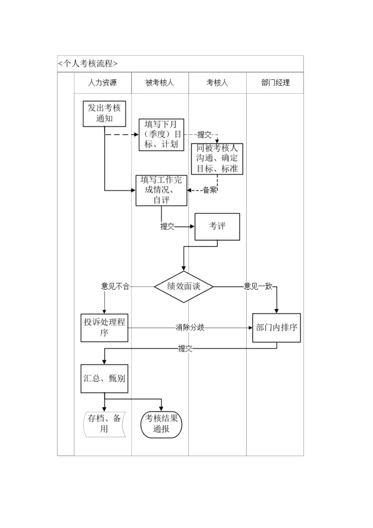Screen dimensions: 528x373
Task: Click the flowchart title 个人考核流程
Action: pyautogui.click(x=88, y=64)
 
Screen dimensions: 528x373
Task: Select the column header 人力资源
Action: pyautogui.click(x=102, y=83)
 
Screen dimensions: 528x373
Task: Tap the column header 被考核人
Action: pyautogui.click(x=159, y=83)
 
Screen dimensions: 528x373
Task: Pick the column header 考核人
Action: pyautogui.click(x=217, y=83)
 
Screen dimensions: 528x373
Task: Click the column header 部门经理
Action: pyautogui.click(x=275, y=83)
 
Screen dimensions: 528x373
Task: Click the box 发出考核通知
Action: pyautogui.click(x=104, y=114)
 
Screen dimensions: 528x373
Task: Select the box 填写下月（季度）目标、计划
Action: pyautogui.click(x=161, y=135)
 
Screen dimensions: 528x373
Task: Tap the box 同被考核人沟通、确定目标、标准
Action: pyautogui.click(x=217, y=159)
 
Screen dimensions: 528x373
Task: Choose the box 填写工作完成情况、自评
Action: pyautogui.click(x=161, y=190)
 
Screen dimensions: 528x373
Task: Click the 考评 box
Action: pyautogui.click(x=217, y=227)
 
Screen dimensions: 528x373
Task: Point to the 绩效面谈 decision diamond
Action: pyautogui.click(x=184, y=287)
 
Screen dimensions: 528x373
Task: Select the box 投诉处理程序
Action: pyautogui.click(x=104, y=328)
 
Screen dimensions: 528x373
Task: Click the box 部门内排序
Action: pyautogui.click(x=276, y=328)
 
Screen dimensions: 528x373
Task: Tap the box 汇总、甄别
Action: pyautogui.click(x=104, y=379)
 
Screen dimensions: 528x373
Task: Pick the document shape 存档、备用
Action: pyautogui.click(x=104, y=424)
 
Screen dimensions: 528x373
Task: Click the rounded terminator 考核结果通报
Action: pyautogui.click(x=161, y=424)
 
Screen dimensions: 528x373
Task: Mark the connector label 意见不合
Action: pyautogui.click(x=115, y=286)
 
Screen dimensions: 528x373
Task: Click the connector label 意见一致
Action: pyautogui.click(x=258, y=286)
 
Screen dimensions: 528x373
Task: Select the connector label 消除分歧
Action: pyautogui.click(x=190, y=328)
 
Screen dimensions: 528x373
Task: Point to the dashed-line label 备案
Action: pyautogui.click(x=210, y=190)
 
